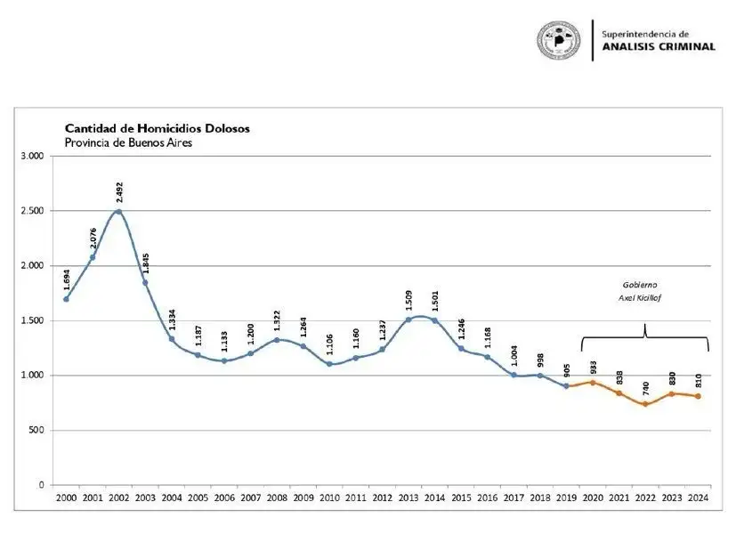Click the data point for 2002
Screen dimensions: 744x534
click(118, 212)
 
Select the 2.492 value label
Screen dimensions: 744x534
click(119, 192)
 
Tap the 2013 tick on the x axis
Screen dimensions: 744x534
click(408, 498)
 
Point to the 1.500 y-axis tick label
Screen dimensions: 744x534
click(32, 320)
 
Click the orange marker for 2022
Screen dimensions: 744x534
click(645, 404)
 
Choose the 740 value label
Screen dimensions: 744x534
click(646, 389)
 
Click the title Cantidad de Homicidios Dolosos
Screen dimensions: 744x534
click(157, 128)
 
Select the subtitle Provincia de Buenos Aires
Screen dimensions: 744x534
click(128, 142)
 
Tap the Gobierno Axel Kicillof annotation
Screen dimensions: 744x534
click(640, 291)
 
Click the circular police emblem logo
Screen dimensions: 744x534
click(559, 40)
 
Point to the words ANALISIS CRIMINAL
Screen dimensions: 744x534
click(659, 46)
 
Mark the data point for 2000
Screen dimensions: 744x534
click(66, 299)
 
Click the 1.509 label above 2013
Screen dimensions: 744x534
click(409, 301)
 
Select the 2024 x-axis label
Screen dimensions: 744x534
click(698, 498)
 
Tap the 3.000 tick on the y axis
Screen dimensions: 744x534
click(32, 156)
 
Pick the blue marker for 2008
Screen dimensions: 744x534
click(277, 340)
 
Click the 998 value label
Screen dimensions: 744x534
click(540, 360)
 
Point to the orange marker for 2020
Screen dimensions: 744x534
click(593, 383)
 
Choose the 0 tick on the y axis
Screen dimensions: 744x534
click(41, 485)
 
